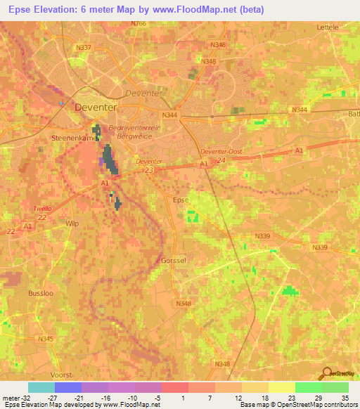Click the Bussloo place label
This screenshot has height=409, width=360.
[40, 292]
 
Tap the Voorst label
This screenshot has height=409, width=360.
[62, 375]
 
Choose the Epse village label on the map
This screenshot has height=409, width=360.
[181, 200]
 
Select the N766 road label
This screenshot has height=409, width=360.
[139, 24]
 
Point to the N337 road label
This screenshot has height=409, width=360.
[83, 48]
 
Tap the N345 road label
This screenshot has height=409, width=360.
[46, 339]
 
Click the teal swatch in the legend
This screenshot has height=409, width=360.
[41, 387]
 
